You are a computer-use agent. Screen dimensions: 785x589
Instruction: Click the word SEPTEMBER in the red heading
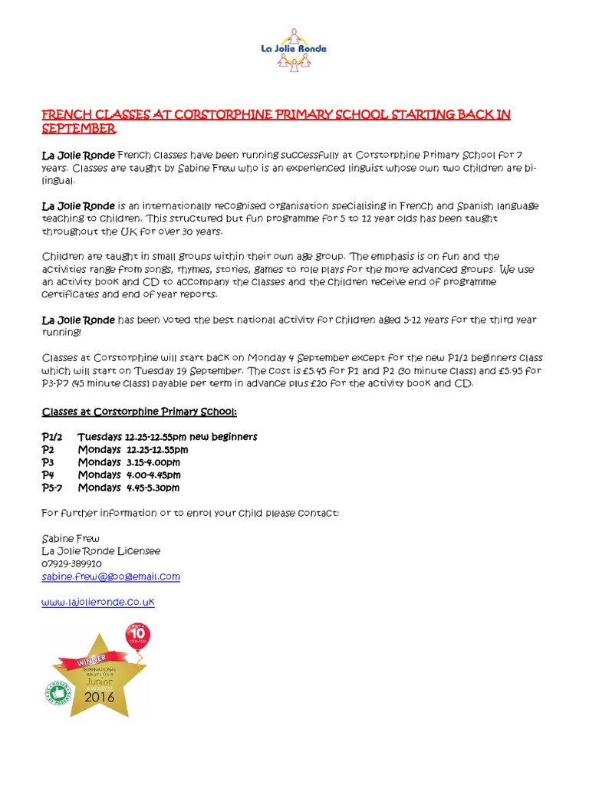[x=78, y=127]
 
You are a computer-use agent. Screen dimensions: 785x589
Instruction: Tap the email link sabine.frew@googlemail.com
[x=110, y=576]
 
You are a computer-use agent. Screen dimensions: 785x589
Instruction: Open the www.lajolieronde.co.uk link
[x=98, y=603]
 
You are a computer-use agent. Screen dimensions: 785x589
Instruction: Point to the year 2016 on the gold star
[x=99, y=697]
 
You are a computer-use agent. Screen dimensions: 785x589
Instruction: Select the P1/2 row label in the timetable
[x=53, y=437]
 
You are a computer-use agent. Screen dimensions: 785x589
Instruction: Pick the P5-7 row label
[x=52, y=488]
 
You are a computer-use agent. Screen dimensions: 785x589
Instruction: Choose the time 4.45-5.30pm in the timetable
[x=153, y=488]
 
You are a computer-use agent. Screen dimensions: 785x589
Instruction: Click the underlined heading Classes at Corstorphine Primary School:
[x=139, y=412]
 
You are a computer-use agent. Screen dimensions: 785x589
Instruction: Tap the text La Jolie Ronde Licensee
[x=100, y=551]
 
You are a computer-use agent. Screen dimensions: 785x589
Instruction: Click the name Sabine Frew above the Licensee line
[x=71, y=538]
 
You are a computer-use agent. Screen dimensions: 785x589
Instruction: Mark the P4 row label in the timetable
[x=48, y=475]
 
